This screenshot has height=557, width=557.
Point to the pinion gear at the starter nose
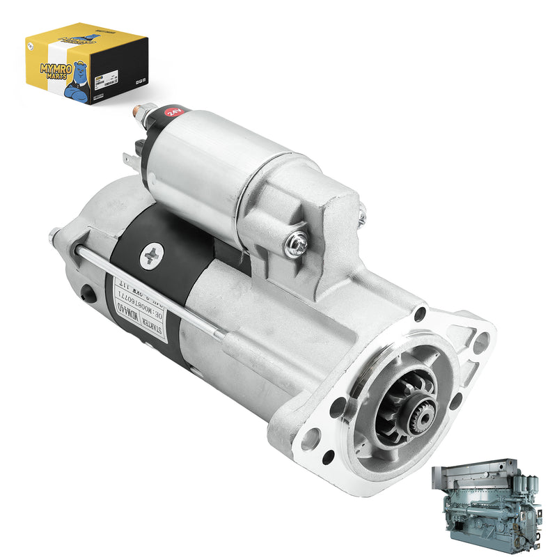click(411, 411)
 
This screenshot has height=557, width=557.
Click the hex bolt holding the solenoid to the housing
click(297, 244)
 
